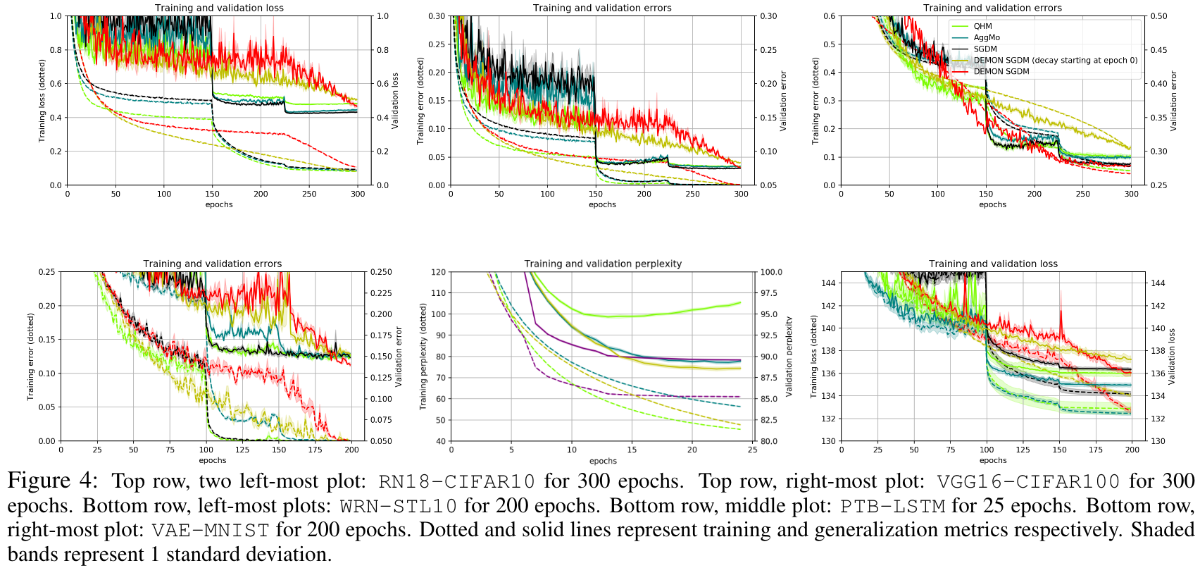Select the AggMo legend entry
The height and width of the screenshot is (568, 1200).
point(986,37)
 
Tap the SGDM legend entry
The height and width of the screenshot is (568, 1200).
point(985,49)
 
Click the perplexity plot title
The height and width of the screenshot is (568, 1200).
point(603,264)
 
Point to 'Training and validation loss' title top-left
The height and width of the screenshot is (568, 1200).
point(219,8)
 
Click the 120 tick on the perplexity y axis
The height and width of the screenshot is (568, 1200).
point(438,272)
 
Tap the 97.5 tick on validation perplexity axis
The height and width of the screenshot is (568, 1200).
point(769,293)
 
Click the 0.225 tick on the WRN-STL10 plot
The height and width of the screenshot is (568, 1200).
point(381,293)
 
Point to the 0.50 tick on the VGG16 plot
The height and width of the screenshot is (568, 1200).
point(1158,16)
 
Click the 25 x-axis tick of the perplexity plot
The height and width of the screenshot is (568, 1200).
point(752,450)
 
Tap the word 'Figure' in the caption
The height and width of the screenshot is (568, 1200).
point(39,481)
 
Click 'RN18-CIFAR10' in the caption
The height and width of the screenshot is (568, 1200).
point(456,482)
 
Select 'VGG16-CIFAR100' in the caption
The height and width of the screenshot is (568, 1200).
point(1028,482)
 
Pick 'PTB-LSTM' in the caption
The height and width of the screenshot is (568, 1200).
point(892,507)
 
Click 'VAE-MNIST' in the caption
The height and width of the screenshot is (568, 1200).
point(210,531)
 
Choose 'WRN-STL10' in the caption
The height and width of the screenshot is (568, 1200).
point(398,507)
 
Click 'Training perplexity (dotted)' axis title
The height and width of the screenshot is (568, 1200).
point(423,357)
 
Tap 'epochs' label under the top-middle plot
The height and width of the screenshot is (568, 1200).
point(602,204)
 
